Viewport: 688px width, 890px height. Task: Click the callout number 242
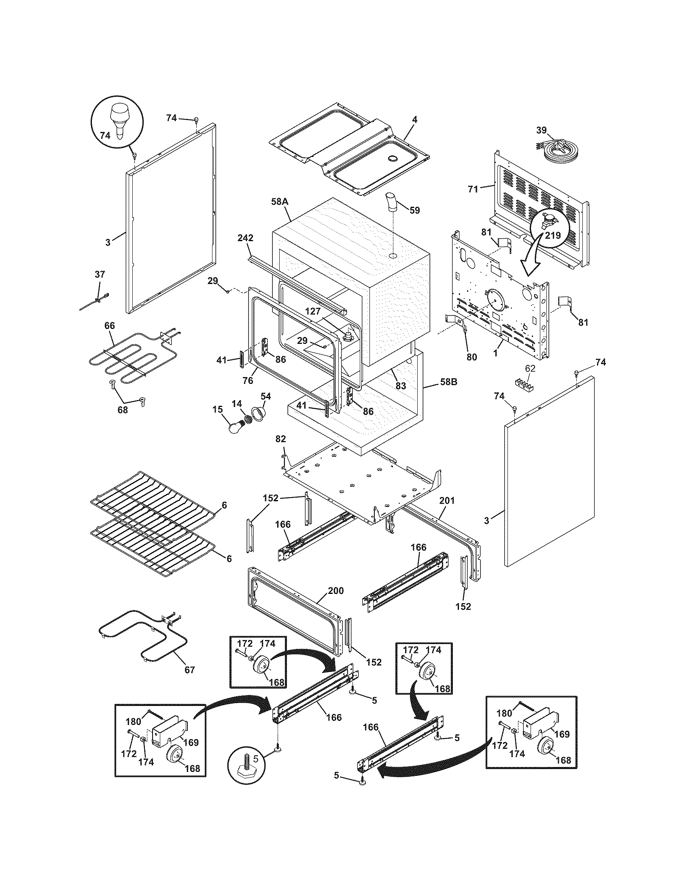pyautogui.click(x=245, y=238)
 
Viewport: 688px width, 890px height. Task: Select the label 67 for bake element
pyautogui.click(x=190, y=670)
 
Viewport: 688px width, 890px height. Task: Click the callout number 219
pyautogui.click(x=554, y=235)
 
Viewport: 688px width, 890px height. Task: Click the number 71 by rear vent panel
pyautogui.click(x=473, y=189)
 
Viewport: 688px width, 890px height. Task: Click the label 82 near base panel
pyautogui.click(x=280, y=439)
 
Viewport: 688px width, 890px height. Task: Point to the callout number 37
pyautogui.click(x=100, y=275)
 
